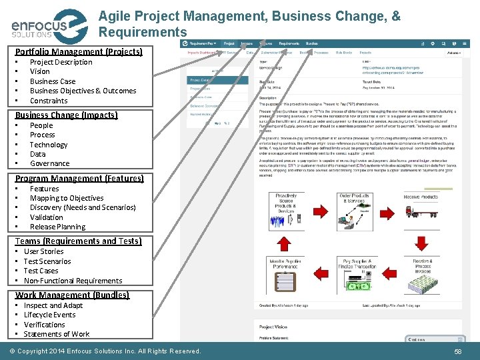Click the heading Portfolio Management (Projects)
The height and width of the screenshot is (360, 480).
79,51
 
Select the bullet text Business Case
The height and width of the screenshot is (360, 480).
53,81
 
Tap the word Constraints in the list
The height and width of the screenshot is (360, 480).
49,101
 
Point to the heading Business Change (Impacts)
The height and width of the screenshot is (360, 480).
66,115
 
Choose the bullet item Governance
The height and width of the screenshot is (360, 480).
49,163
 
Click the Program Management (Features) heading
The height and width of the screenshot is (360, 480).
79,178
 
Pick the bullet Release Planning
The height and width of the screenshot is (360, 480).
57,227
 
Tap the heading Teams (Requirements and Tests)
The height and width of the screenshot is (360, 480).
78,241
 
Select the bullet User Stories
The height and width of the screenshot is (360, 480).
43,251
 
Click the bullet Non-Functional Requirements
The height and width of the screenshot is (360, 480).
73,281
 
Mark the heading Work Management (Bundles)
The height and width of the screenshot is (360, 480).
72,295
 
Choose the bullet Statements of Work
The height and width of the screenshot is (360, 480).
56,334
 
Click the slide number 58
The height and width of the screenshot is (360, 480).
458,351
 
